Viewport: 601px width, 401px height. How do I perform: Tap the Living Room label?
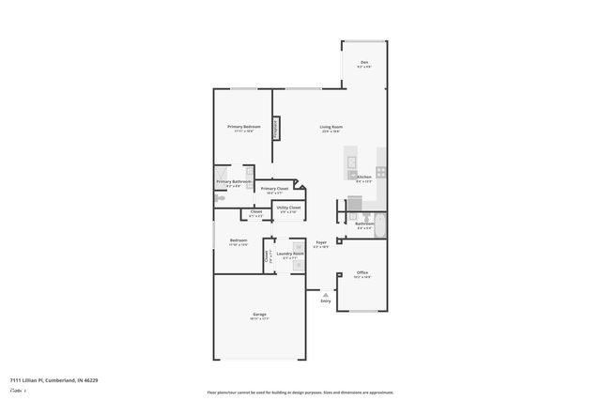(x=331, y=127)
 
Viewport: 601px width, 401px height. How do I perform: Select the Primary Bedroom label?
(x=243, y=127)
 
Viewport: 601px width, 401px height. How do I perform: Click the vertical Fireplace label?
(x=275, y=129)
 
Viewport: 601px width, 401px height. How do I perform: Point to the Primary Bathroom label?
(x=234, y=181)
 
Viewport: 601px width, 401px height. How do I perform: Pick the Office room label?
(x=362, y=272)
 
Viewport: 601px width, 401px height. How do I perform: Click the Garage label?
(x=259, y=314)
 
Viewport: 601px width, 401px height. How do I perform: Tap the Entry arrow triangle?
(x=326, y=293)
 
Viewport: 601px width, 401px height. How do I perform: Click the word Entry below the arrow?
(x=326, y=301)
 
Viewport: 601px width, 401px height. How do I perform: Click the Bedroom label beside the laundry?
(x=239, y=239)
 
